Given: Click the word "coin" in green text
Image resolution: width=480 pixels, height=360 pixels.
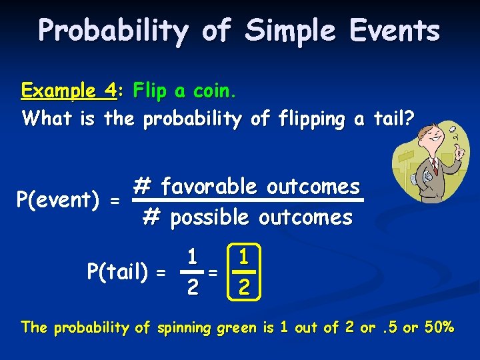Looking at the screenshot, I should pos(215,90).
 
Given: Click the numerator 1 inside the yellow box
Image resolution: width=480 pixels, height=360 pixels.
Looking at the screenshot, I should pos(245,257).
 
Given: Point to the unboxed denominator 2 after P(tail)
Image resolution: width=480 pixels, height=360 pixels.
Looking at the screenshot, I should pos(191,287).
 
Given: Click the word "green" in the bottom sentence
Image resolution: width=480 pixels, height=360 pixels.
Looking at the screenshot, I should pos(217,327).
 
